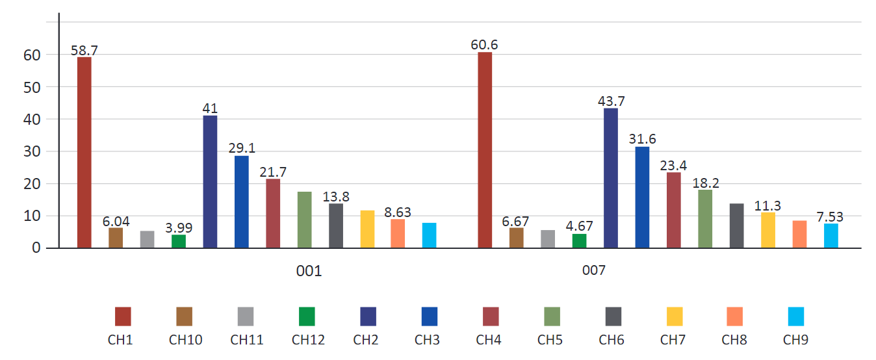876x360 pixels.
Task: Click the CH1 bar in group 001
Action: click(x=84, y=153)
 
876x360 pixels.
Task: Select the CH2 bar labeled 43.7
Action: click(x=610, y=178)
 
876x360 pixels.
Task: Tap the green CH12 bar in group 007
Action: click(x=579, y=241)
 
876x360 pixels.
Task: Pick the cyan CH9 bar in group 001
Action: click(x=429, y=235)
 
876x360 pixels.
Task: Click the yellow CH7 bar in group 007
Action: click(x=768, y=230)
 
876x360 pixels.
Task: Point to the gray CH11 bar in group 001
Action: click(x=147, y=239)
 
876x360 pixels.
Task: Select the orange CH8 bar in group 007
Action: click(x=799, y=234)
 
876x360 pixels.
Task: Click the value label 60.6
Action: click(x=484, y=45)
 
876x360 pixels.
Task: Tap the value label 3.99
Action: click(x=179, y=227)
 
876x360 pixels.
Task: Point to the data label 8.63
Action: click(x=397, y=212)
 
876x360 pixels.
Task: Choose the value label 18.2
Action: click(x=706, y=183)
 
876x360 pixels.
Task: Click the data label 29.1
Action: click(x=242, y=148)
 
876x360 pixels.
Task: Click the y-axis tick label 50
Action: click(x=32, y=88)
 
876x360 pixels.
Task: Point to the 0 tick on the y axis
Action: click(x=36, y=248)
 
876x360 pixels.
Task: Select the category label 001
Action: click(x=309, y=271)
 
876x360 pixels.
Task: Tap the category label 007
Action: click(x=594, y=270)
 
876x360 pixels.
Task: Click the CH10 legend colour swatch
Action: click(x=184, y=316)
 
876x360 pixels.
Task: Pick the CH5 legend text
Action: click(x=550, y=340)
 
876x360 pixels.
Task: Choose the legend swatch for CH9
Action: click(x=796, y=316)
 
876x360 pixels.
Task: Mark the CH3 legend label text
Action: click(x=427, y=340)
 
